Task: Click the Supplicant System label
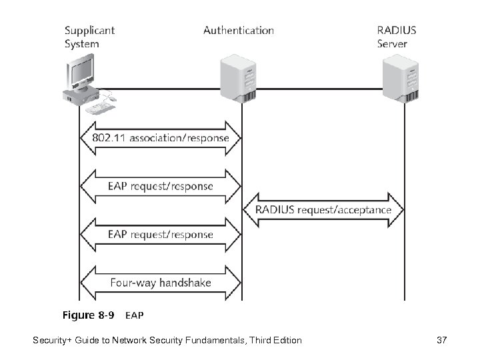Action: [89, 37]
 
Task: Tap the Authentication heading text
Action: [238, 30]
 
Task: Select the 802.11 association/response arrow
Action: [159, 138]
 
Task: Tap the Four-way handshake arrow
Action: [159, 282]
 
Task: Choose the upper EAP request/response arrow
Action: [159, 186]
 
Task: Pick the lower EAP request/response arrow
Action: [159, 234]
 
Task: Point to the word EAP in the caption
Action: [135, 315]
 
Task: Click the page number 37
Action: [441, 341]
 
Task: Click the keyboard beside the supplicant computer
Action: [100, 105]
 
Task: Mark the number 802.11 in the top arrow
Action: [108, 138]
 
